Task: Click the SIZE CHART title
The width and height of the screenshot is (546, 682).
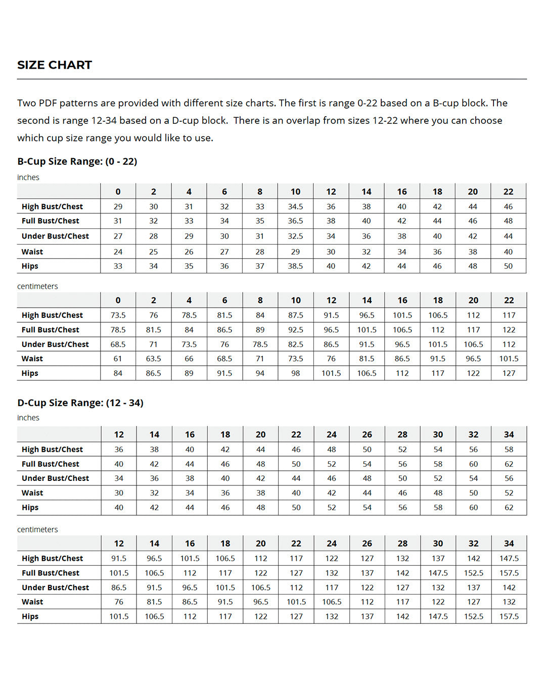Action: point(55,65)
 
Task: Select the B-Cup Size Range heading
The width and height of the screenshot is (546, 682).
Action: point(77,162)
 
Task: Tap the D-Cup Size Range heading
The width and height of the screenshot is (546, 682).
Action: point(80,403)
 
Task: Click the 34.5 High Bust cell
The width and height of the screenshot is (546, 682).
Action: point(295,207)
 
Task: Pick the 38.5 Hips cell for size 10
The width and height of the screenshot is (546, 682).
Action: point(295,266)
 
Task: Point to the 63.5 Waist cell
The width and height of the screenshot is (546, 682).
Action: point(153,359)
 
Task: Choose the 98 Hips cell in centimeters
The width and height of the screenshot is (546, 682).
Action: point(295,373)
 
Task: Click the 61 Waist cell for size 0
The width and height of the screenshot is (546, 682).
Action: point(118,359)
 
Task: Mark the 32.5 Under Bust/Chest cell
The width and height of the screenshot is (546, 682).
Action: point(295,236)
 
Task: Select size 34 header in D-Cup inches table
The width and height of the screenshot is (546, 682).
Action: point(509,434)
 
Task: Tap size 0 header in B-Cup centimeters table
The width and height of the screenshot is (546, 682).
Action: point(118,300)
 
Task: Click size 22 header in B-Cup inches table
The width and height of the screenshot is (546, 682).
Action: point(508,192)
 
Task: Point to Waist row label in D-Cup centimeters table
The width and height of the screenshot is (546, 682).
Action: point(32,602)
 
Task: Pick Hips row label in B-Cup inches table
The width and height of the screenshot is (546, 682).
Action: point(30,266)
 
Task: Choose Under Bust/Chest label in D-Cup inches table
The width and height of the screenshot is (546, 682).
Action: point(55,478)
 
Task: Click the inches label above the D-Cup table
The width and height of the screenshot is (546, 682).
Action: point(28,418)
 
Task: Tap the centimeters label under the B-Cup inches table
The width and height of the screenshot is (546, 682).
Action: point(37,286)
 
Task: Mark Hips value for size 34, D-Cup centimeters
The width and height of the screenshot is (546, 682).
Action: point(509,617)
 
